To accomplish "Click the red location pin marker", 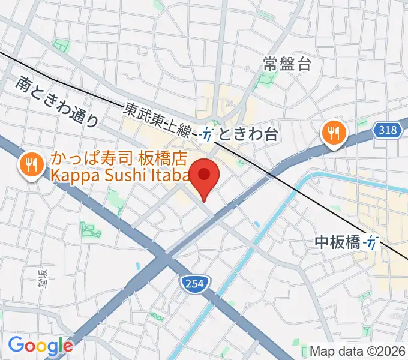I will pyautogui.click(x=205, y=176).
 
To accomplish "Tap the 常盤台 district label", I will pyautogui.click(x=287, y=64).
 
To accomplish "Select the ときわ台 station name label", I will pyautogui.click(x=248, y=134).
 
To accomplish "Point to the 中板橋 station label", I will pyautogui.click(x=337, y=242).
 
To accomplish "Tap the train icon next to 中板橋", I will pyautogui.click(x=373, y=242).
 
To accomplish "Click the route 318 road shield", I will pyautogui.click(x=389, y=131).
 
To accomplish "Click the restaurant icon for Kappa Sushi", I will pyautogui.click(x=29, y=164).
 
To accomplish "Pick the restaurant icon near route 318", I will pyautogui.click(x=332, y=131).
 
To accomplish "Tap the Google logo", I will pyautogui.click(x=40, y=346).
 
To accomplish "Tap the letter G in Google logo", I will pyautogui.click(x=16, y=345).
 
